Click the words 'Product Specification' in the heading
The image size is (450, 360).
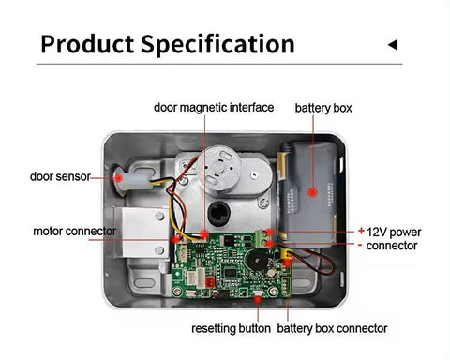[x=168, y=43]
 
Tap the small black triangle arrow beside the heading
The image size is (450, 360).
[x=393, y=44]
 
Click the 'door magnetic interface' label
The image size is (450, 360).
[x=214, y=108]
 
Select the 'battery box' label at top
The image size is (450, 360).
[x=323, y=109]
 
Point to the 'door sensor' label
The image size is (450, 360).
[x=60, y=175]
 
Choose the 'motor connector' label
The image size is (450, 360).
[x=75, y=231]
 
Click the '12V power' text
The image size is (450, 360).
[x=394, y=232]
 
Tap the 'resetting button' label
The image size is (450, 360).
[x=231, y=328]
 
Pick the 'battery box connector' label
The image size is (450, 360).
[x=332, y=328]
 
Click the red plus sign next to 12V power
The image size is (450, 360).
[x=361, y=230]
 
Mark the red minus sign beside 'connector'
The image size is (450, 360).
[x=361, y=245]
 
